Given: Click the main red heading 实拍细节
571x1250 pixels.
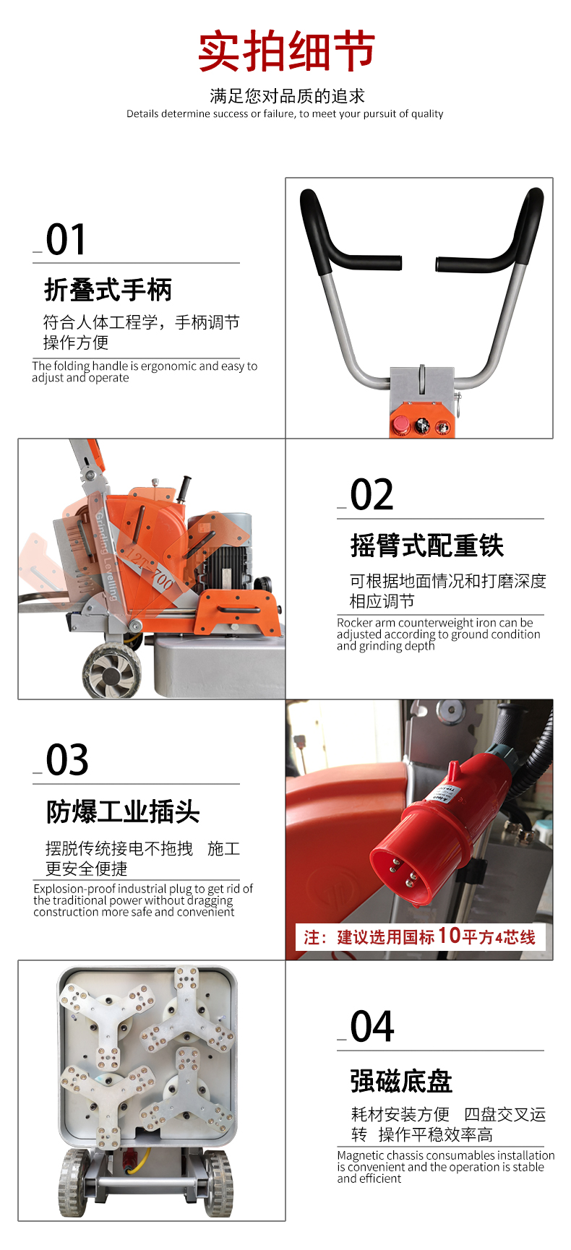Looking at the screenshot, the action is pyautogui.click(x=286, y=51).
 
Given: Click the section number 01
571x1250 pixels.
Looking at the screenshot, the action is pyautogui.click(x=66, y=240).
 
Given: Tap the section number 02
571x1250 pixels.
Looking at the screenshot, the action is pyautogui.click(x=372, y=495).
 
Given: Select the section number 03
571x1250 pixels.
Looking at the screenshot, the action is pyautogui.click(x=67, y=760).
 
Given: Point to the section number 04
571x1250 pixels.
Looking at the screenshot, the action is pyautogui.click(x=372, y=1027).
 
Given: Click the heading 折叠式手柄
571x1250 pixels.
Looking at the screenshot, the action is pyautogui.click(x=108, y=290).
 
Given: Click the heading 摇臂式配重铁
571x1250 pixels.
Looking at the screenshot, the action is pyautogui.click(x=427, y=546).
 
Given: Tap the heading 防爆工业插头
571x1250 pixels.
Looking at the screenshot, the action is pyautogui.click(x=123, y=811).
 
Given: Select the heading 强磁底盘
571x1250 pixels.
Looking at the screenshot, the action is pyautogui.click(x=401, y=1081).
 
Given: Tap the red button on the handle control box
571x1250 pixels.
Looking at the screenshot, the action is pyautogui.click(x=400, y=425).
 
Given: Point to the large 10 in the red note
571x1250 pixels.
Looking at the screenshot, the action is pyautogui.click(x=449, y=936).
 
